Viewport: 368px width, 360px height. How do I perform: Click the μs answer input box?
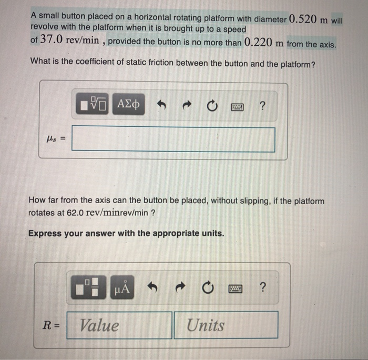pyautogui.click(x=173, y=139)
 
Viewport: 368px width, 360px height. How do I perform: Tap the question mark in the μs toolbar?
pyautogui.click(x=262, y=105)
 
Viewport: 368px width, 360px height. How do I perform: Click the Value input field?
pyautogui.click(x=119, y=325)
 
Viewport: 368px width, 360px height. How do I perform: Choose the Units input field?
pyautogui.click(x=226, y=325)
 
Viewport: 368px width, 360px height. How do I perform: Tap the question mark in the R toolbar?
pyautogui.click(x=262, y=287)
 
